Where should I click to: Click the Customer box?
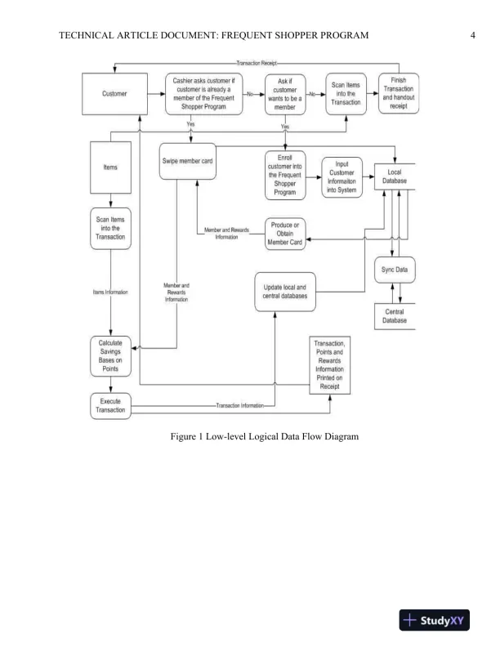(114, 94)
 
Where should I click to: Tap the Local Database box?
(396, 175)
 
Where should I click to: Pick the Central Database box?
(394, 316)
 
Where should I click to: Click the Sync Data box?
(395, 270)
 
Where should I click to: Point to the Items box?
(110, 167)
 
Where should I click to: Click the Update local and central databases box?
(285, 292)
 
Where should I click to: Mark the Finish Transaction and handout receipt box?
(400, 94)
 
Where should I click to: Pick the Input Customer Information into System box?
(342, 175)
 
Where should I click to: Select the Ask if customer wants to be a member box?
(285, 94)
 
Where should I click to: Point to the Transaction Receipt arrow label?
(257, 63)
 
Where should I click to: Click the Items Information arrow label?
(111, 292)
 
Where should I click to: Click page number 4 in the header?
(473, 34)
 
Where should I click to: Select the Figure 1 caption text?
(265, 437)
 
